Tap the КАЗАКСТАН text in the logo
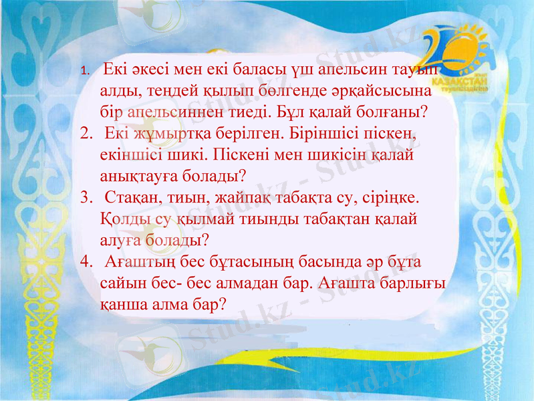coord(456,78)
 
